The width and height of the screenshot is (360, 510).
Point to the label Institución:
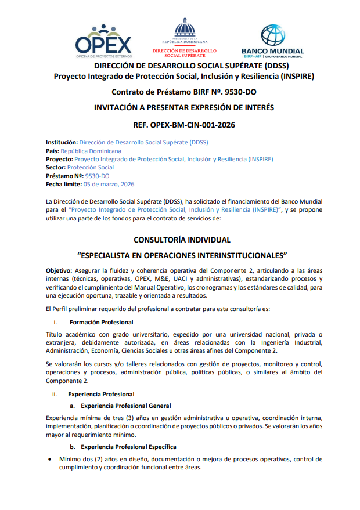click(62, 143)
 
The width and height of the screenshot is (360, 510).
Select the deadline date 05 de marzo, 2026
click(109, 184)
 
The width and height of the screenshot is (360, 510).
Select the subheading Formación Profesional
click(101, 322)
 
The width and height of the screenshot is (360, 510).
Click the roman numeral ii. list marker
click(54, 394)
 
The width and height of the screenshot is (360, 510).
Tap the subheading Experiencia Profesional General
click(125, 406)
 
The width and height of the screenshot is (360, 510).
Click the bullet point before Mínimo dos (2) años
click(49, 460)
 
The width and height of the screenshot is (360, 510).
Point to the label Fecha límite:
click(64, 184)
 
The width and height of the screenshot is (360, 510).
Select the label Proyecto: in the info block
click(59, 159)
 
